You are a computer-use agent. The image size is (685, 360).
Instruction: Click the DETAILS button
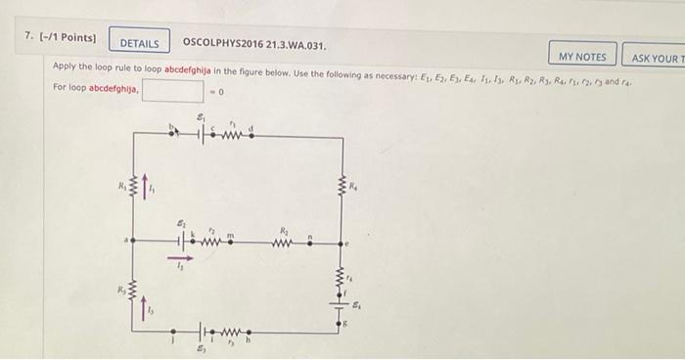[x=139, y=43]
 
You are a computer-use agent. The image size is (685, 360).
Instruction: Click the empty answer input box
[x=174, y=92]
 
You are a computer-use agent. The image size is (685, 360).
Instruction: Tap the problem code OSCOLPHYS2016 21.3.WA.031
[x=253, y=43]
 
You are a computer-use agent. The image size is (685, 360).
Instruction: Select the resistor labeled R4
[x=342, y=186]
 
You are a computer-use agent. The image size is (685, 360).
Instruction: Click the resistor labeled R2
[x=284, y=241]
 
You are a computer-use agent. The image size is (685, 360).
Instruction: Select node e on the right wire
[x=342, y=241]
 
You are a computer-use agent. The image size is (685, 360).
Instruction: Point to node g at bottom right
[x=342, y=321]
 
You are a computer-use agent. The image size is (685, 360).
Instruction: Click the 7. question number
[x=30, y=37]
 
